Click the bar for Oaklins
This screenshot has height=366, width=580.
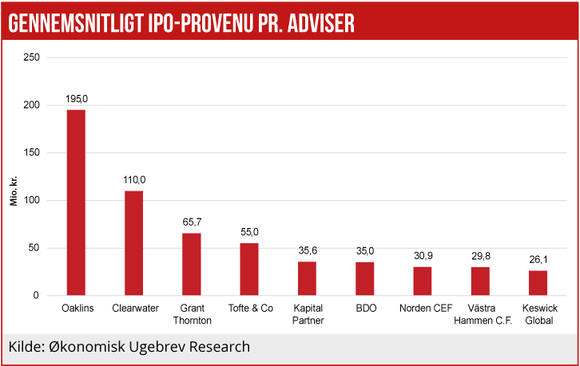76,203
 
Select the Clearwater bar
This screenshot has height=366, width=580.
133,243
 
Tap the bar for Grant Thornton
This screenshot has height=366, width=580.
192,264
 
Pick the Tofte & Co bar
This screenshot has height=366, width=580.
249,269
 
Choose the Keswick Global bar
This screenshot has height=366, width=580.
538,283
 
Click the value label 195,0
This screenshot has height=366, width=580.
76,98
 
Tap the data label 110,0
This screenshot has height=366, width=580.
134,179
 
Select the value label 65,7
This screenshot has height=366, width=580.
192,222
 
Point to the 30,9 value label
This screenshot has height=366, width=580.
423,255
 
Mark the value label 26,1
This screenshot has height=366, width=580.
538,259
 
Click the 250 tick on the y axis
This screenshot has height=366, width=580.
31,57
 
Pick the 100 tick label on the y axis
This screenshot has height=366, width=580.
31,200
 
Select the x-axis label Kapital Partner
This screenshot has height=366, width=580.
307,314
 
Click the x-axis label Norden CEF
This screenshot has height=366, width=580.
423,309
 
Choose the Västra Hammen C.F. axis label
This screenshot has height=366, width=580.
480,314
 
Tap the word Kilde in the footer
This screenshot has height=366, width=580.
26,347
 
